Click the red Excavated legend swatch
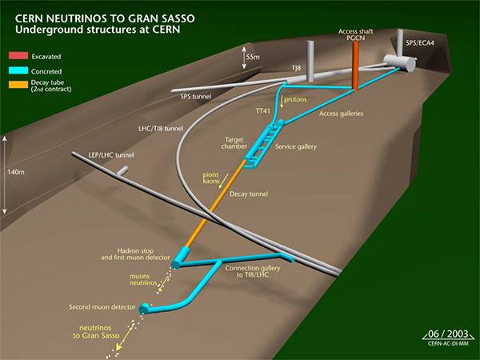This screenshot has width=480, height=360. coord(17,57)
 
